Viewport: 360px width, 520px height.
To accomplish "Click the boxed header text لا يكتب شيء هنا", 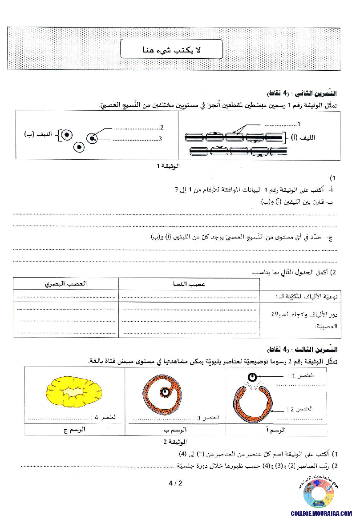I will (x=171, y=49).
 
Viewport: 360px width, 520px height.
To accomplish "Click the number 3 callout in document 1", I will (x=159, y=139).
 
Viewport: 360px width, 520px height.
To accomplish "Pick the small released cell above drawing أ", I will (x=252, y=378).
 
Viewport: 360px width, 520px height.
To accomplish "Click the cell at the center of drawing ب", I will (x=166, y=392).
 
